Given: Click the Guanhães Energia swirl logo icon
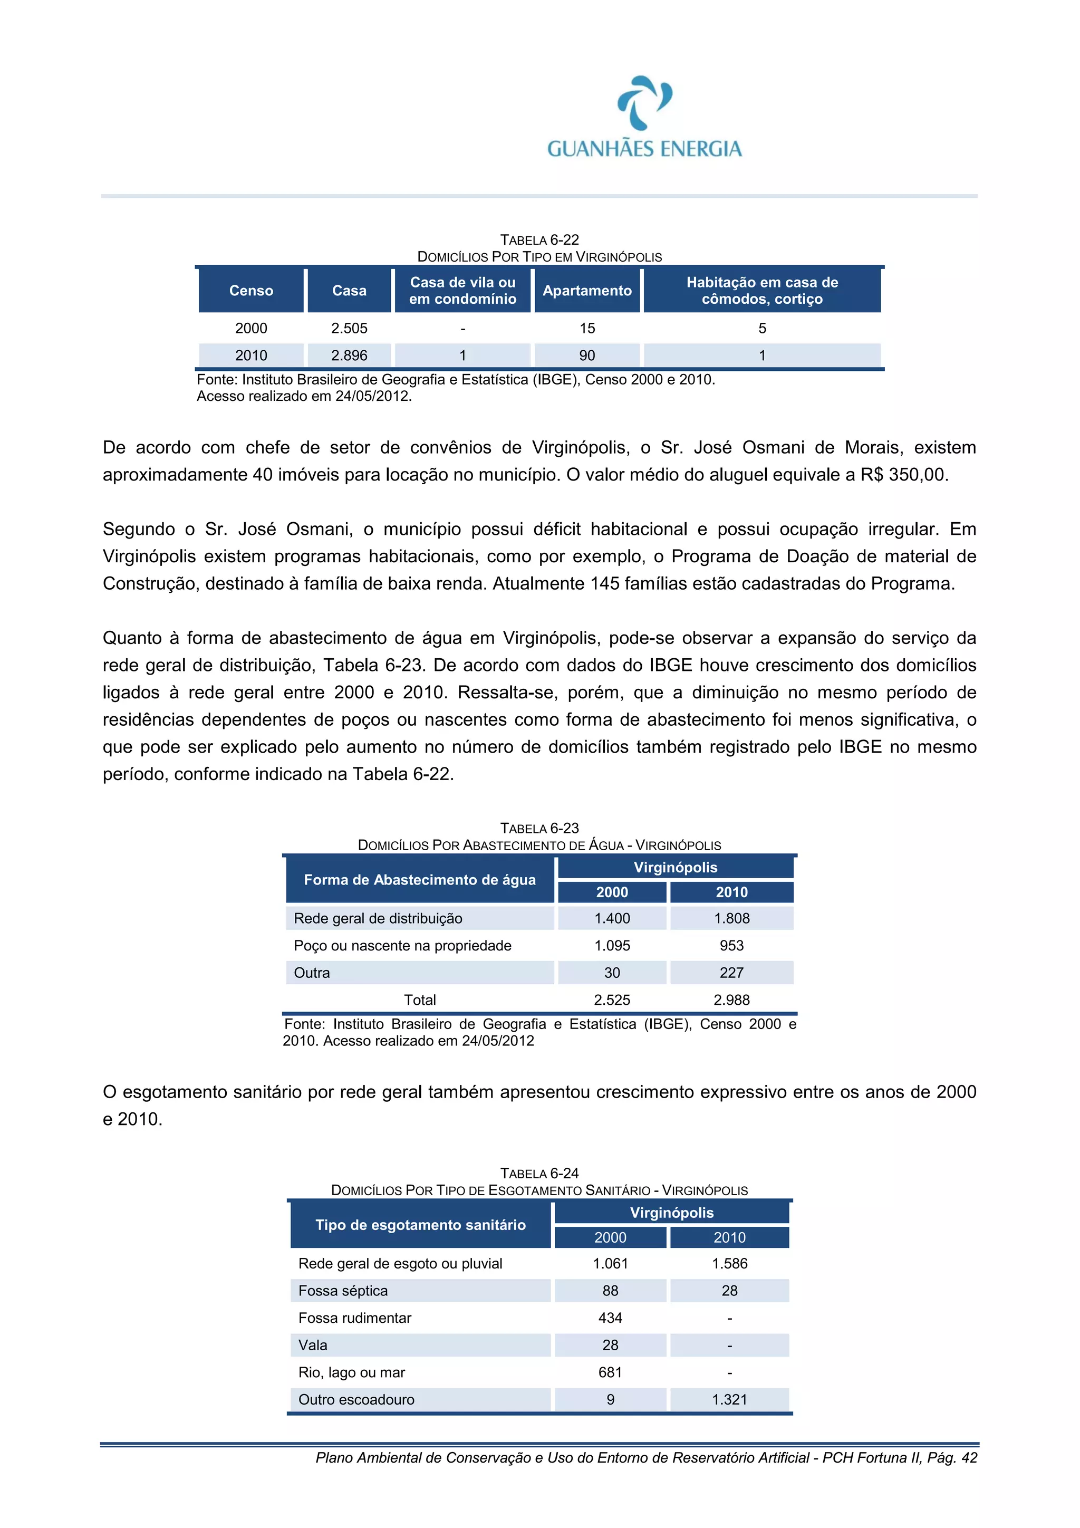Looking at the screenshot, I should (644, 103).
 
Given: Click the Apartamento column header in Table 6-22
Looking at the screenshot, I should (587, 291).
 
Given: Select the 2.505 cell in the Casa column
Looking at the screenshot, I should (349, 328).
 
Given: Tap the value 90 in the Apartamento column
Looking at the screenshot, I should (587, 355).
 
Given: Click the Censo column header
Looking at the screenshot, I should (251, 291).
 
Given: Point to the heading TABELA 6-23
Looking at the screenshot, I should (539, 828).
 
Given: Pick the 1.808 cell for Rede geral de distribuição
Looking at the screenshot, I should (731, 918).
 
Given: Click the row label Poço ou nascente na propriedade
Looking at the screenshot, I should (402, 946).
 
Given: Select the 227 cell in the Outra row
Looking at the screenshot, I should (731, 973).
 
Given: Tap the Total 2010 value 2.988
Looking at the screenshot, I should (731, 1000).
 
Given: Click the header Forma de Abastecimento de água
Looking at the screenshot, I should (419, 880).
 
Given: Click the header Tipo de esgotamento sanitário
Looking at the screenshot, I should (420, 1225).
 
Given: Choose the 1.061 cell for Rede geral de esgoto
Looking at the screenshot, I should (610, 1263).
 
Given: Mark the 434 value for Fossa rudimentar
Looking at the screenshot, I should (610, 1318).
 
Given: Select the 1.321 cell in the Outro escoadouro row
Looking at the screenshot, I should (729, 1399).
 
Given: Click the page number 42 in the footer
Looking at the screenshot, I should (970, 1458).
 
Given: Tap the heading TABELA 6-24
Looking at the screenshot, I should (539, 1173).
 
